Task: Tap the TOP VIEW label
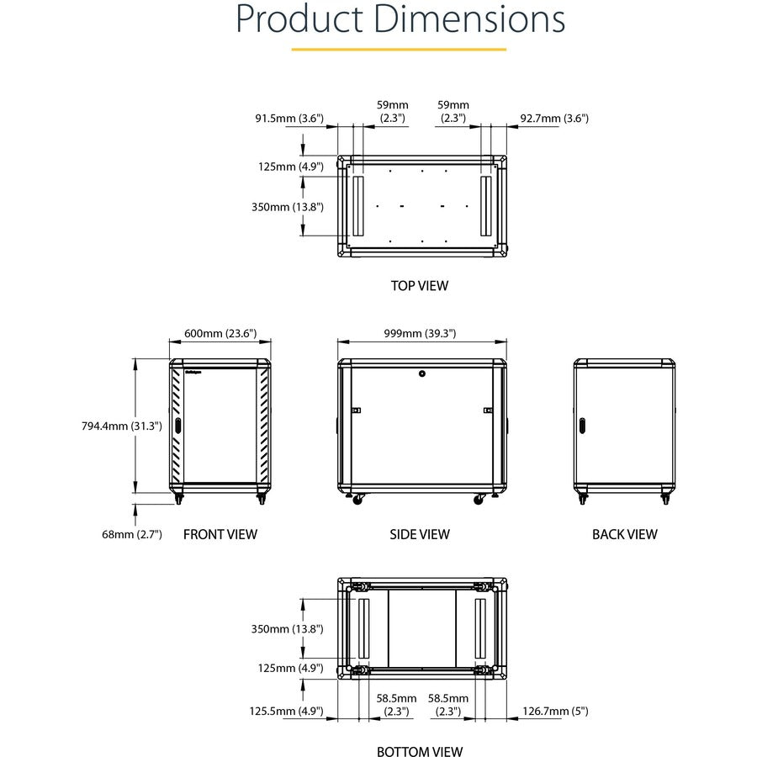click(420, 285)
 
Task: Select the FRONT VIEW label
click(220, 534)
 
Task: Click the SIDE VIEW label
click(420, 534)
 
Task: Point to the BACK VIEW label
click(624, 534)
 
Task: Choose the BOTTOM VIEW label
click(420, 752)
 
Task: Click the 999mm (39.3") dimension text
click(421, 333)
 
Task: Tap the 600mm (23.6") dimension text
click(220, 333)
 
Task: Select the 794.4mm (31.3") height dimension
click(116, 426)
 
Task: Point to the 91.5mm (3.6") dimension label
click(289, 119)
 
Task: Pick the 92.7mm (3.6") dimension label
click(554, 119)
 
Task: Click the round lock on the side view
click(421, 373)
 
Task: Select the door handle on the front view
click(178, 426)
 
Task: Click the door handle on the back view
click(580, 426)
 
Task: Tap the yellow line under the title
click(399, 50)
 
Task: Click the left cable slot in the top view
click(356, 206)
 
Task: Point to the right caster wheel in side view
click(479, 500)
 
